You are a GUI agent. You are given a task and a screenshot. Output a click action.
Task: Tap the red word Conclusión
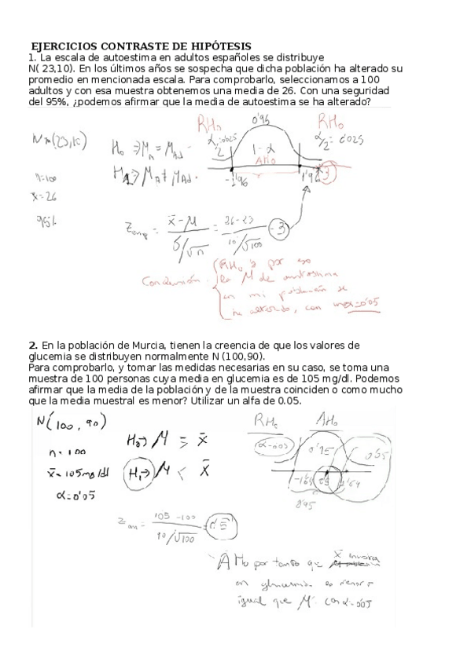169,279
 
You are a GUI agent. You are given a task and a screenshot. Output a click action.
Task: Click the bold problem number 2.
33,345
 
